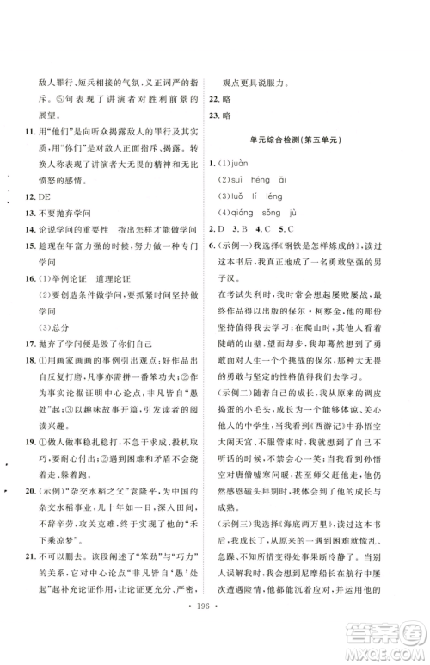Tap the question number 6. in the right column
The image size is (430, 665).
tap(218, 248)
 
